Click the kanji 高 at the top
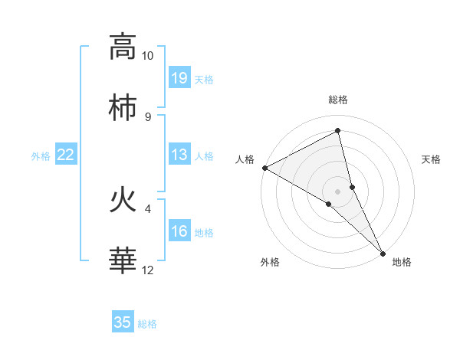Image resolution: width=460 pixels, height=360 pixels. [x=123, y=47]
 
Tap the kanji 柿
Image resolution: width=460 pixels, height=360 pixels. [x=123, y=109]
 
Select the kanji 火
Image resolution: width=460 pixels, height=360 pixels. [x=123, y=201]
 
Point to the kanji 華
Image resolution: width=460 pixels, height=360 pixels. [x=123, y=262]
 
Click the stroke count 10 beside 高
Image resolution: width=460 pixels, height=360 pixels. [x=147, y=56]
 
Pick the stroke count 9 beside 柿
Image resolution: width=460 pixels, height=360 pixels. [x=147, y=116]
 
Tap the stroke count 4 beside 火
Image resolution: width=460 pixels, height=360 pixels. [x=147, y=208]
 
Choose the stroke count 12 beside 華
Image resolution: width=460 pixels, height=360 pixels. [x=147, y=270]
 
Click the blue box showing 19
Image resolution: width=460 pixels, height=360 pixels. [x=179, y=78]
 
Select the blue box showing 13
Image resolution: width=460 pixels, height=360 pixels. [x=179, y=155]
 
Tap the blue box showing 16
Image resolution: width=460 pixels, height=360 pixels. [x=179, y=231]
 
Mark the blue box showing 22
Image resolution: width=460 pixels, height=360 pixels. [x=66, y=155]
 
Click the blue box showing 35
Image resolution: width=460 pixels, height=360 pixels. [x=123, y=322]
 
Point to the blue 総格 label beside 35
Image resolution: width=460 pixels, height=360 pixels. [x=147, y=324]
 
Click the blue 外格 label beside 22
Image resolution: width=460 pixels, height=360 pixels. [x=41, y=156]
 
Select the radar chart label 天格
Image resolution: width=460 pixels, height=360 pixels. [x=432, y=159]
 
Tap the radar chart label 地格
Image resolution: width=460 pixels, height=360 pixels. [x=402, y=262]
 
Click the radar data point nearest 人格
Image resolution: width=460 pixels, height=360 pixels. [x=264, y=168]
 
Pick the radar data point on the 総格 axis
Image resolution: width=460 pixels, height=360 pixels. [x=338, y=131]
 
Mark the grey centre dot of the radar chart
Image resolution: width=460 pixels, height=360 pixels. [x=338, y=191]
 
